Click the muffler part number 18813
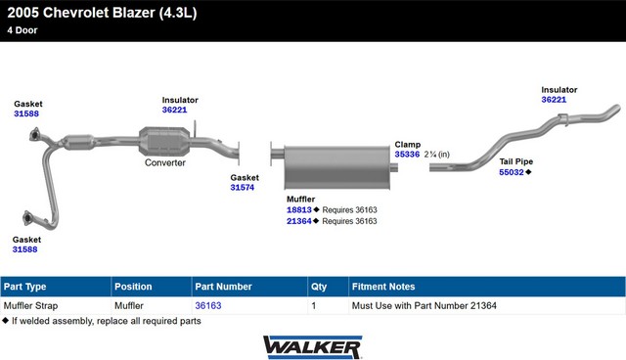pyautogui.click(x=299, y=210)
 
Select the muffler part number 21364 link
pyautogui.click(x=299, y=221)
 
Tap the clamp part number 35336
pyautogui.click(x=407, y=155)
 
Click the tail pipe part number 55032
pyautogui.click(x=512, y=172)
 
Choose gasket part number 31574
pyautogui.click(x=243, y=188)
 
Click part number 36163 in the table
pyautogui.click(x=208, y=306)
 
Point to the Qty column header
pyautogui.click(x=319, y=287)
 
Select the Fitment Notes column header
pyautogui.click(x=383, y=287)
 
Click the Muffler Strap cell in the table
pyautogui.click(x=30, y=306)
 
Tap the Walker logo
pyautogui.click(x=313, y=347)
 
